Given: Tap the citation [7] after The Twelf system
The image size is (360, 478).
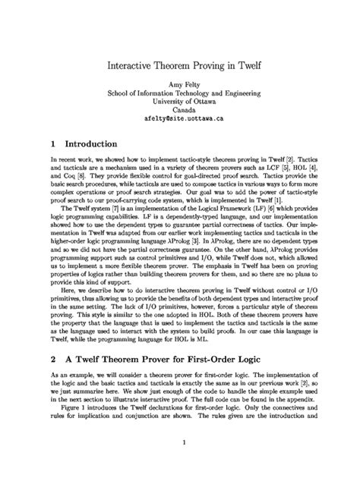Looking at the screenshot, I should click(121, 207).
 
